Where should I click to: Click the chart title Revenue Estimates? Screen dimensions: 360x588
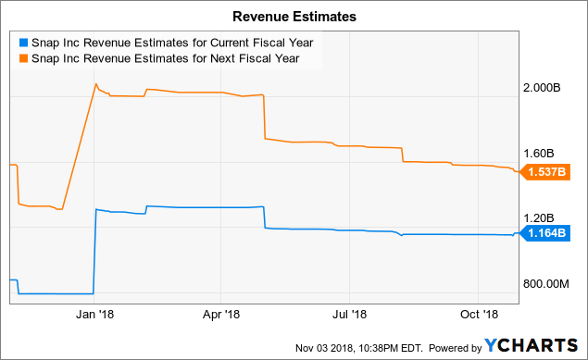(294, 16)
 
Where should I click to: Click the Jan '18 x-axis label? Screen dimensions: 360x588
(94, 315)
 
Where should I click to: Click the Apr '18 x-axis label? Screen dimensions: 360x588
(222, 315)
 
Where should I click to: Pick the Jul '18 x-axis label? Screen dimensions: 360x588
(352, 315)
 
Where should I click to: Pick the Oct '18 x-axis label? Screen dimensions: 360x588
(481, 315)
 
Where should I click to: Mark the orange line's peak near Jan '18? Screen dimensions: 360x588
(96, 84)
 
